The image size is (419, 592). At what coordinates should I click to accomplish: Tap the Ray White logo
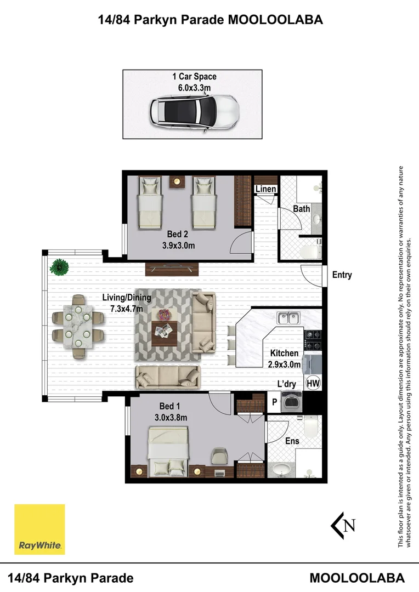point(39,530)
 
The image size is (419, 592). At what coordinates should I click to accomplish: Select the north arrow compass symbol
point(343,525)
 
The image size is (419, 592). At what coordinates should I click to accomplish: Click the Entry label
point(342,275)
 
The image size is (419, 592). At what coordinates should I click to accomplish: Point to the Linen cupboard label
point(265,189)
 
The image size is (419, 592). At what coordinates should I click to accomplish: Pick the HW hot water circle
point(313,384)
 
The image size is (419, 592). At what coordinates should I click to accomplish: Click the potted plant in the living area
point(59,267)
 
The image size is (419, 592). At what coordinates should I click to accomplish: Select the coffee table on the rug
point(163,334)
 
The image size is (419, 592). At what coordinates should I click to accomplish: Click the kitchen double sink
point(288,318)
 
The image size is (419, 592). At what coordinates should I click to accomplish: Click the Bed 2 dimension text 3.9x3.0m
point(178,246)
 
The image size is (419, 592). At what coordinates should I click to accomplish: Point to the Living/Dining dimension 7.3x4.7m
point(127,309)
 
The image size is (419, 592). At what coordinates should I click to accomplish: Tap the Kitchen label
point(284,354)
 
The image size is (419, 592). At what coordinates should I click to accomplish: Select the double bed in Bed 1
point(168,451)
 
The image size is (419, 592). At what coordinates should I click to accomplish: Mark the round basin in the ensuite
point(281,470)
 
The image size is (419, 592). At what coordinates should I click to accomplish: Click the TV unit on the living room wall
point(172,269)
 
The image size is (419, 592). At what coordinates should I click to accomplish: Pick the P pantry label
point(275,402)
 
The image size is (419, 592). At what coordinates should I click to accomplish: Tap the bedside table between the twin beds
point(177,181)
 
